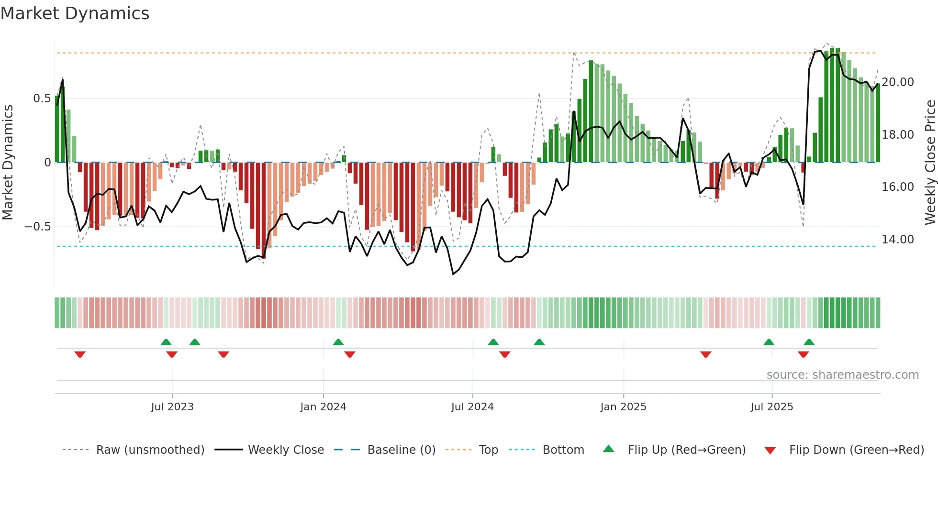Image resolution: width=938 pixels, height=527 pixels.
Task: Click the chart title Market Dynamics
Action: [75, 13]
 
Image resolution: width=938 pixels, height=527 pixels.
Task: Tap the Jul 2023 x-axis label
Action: [172, 406]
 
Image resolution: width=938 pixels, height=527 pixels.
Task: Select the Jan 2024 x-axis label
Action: [323, 406]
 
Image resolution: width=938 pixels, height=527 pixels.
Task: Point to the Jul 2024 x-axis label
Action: [472, 406]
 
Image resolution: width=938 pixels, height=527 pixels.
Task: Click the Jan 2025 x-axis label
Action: [623, 406]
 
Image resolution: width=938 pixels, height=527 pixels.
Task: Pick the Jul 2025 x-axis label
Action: [771, 406]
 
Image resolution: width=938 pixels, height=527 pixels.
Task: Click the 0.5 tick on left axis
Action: [42, 99]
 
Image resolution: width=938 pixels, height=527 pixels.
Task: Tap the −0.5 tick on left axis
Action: [38, 226]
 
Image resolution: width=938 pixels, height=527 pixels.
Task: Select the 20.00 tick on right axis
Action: [898, 82]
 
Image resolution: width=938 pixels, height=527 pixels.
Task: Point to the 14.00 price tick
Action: [898, 239]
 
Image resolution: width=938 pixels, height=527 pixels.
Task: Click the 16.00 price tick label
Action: [898, 187]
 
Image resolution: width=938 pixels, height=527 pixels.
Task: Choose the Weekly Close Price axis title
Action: [930, 163]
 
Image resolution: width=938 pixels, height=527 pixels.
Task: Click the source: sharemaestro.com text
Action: [842, 374]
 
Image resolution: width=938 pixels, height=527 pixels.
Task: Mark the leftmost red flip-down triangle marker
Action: [80, 354]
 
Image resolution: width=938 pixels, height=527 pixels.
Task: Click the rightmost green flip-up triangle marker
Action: [809, 342]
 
